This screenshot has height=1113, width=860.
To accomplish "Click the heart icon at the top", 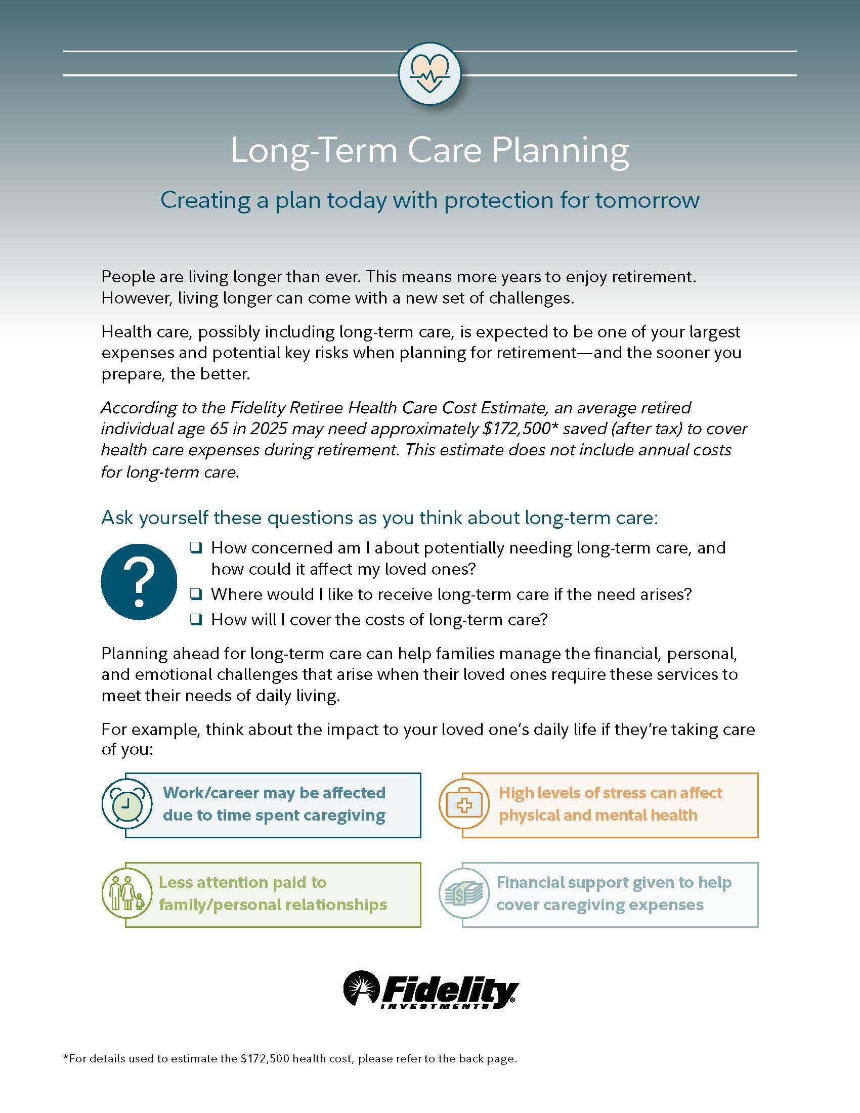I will (430, 73).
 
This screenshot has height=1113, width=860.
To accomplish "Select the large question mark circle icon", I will (139, 581).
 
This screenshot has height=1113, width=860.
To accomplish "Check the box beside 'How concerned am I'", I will (196, 548).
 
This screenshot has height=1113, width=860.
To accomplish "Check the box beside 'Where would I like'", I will (196, 594).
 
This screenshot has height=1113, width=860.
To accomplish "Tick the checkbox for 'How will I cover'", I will (196, 620).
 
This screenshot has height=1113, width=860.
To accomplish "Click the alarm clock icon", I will (126, 805).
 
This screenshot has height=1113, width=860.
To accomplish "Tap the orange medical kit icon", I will (463, 805).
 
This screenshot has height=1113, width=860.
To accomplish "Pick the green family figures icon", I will (126, 894).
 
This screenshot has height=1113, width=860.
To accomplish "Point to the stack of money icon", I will (463, 894).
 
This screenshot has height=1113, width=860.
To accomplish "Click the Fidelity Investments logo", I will (430, 990).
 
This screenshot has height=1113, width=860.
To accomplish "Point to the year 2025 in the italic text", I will (270, 429).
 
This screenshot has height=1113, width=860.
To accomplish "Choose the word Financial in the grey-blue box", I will (533, 882).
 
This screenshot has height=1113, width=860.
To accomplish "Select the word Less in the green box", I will (173, 882).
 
